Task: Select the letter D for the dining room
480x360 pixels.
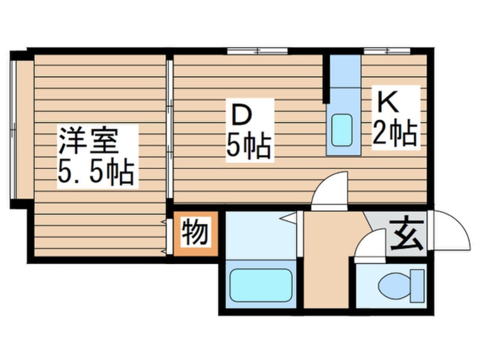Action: click(241, 117)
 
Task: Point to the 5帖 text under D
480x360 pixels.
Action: click(249, 147)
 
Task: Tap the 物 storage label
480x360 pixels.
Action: click(195, 232)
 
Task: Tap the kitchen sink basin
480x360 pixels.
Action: click(342, 129)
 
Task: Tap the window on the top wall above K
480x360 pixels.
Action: click(386, 51)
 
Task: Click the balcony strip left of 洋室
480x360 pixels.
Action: click(22, 131)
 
